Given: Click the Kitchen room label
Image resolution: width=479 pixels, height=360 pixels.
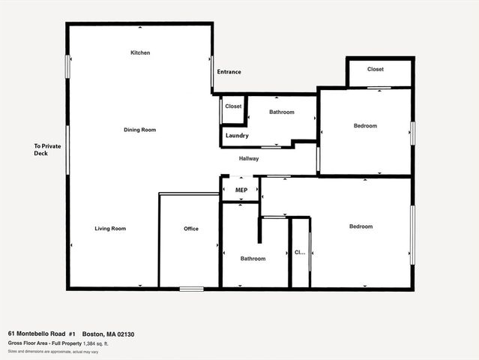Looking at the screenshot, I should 140,53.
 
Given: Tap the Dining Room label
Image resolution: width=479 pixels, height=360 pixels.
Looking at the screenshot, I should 140,130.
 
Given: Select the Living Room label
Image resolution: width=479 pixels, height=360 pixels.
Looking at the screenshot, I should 110,229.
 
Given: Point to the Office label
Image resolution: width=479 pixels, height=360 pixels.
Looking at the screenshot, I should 191,229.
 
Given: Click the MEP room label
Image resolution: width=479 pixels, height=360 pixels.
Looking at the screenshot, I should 241,190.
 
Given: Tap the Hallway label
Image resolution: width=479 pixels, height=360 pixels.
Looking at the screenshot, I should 249,159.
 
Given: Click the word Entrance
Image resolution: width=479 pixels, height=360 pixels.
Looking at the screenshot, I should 229,72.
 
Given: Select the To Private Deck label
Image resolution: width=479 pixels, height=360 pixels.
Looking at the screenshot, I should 46,150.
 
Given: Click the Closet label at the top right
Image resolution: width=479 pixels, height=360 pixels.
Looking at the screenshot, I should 376,70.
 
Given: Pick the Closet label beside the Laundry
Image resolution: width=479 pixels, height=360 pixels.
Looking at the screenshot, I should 233,106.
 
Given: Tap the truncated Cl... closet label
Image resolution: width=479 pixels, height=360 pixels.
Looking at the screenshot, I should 299,252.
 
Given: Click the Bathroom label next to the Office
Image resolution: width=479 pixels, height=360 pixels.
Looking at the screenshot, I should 253,259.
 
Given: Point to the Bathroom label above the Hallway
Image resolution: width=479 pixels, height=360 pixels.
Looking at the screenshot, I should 282,112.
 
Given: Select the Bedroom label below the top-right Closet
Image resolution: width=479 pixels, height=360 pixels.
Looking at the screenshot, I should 365,126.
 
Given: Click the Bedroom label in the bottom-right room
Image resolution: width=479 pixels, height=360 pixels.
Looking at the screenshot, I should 361,226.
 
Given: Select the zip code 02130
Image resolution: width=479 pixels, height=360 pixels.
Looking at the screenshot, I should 124,334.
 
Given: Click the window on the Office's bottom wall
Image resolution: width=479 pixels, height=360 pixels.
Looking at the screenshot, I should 191,289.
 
